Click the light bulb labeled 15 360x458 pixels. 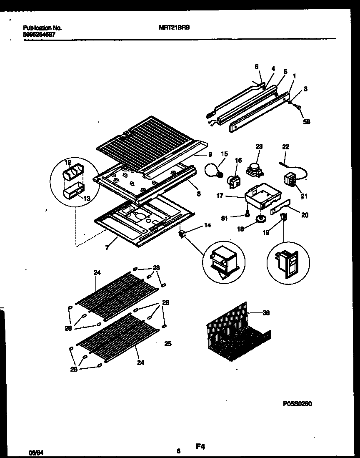[x=213, y=170]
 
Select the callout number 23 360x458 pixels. [x=259, y=147]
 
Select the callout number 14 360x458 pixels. [x=207, y=225]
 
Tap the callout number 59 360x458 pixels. [x=307, y=122]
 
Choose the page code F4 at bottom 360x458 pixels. [x=201, y=447]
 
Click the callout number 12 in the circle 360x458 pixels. [x=68, y=162]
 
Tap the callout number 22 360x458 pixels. [x=285, y=147]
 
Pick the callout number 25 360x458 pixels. [x=168, y=344]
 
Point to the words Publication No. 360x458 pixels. [x=42, y=28]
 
